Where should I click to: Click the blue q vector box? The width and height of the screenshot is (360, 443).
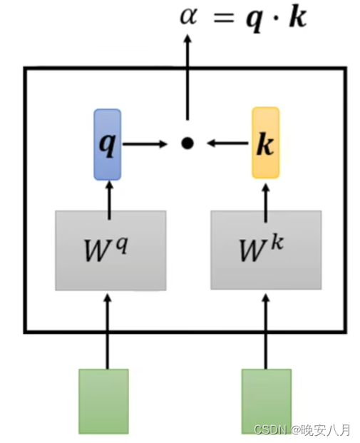108,144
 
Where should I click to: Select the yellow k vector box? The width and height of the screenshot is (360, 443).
266,143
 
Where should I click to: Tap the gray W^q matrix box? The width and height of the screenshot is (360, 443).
110,250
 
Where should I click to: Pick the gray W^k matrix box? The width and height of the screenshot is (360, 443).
266,250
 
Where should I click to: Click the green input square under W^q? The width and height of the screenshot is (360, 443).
103,401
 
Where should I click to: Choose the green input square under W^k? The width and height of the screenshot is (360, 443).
267,401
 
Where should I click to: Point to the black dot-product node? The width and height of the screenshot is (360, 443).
187,143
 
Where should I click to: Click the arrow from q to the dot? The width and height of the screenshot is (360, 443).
145,144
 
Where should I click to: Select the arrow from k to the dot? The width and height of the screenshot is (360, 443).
227,143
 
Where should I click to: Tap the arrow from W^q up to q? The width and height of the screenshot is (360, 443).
110,200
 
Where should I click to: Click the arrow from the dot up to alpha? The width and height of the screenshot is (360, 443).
187,77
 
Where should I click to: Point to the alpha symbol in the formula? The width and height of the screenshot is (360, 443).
188,16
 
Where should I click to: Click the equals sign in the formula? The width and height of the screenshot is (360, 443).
224,18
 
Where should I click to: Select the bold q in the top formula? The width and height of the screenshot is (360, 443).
254,19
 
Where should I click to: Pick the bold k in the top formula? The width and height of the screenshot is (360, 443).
297,16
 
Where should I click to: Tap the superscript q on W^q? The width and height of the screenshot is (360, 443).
123,245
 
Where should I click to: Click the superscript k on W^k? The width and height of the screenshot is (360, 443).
277,243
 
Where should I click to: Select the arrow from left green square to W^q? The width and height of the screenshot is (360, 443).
108,332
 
